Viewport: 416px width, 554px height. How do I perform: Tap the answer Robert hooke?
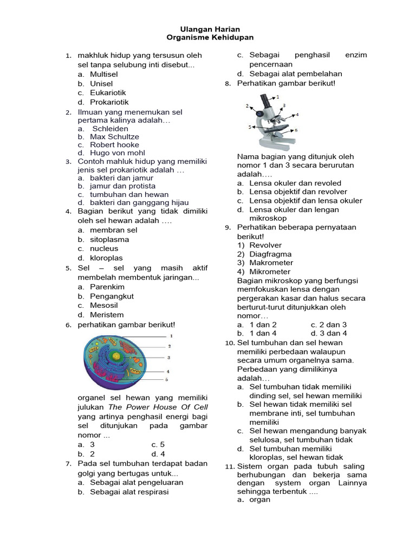(114, 144)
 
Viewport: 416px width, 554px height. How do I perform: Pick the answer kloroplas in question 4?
(106, 258)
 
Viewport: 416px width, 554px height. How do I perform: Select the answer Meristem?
(107, 314)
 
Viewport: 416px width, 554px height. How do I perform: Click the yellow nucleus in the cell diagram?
(116, 357)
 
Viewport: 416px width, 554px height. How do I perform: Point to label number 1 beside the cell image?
(171, 337)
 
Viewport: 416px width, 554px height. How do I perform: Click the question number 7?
(68, 464)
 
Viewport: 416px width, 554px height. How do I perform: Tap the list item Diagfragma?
(270, 254)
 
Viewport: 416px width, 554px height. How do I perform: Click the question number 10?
(229, 343)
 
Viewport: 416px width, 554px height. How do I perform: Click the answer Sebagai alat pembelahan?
(296, 74)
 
